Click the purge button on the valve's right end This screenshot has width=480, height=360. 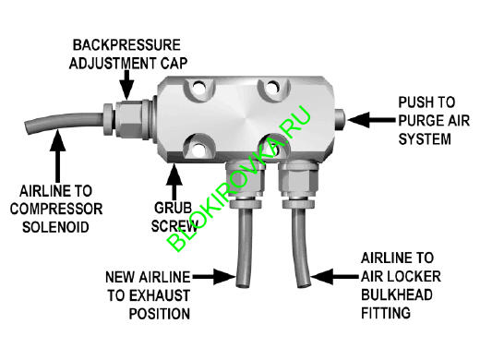click(341, 118)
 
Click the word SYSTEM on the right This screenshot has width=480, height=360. click(426, 140)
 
